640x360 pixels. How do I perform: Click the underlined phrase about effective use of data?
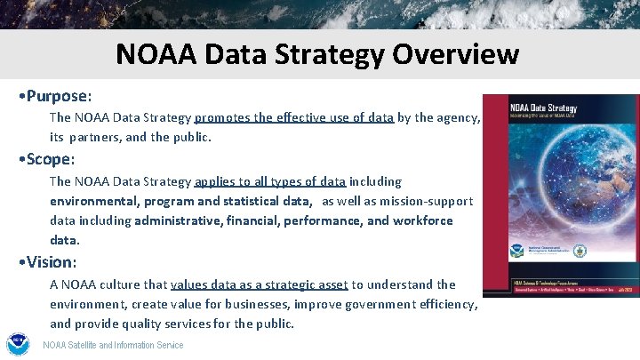pyautogui.click(x=293, y=117)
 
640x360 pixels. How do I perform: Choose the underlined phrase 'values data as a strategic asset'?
pyautogui.click(x=259, y=284)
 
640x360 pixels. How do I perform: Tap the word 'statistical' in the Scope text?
pyautogui.click(x=255, y=202)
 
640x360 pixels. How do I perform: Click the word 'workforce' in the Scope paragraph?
pyautogui.click(x=424, y=220)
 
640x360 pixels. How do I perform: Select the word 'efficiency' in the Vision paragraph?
pyautogui.click(x=446, y=304)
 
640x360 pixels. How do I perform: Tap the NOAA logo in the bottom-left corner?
pyautogui.click(x=18, y=345)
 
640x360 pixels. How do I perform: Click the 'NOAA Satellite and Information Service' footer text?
pyautogui.click(x=113, y=346)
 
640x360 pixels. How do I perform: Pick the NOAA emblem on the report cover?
pyautogui.click(x=516, y=252)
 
